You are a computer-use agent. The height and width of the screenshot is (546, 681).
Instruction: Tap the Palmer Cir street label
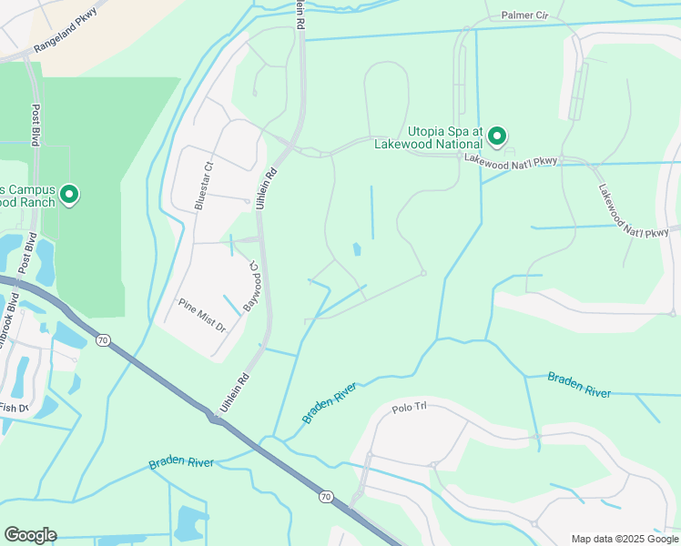click(525, 16)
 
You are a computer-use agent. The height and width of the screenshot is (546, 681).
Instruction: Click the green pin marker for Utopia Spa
click(497, 136)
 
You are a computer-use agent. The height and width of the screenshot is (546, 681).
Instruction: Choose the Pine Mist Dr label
click(201, 313)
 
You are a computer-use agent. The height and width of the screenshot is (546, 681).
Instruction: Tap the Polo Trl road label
click(409, 407)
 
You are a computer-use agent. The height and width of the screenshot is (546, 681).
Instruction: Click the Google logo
click(30, 535)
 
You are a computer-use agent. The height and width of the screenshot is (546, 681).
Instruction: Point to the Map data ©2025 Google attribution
click(624, 538)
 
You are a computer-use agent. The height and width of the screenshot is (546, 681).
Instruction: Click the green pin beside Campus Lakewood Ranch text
click(69, 195)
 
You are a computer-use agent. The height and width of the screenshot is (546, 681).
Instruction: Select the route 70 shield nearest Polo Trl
click(325, 497)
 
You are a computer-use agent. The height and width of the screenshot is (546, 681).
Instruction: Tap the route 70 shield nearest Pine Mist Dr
click(103, 340)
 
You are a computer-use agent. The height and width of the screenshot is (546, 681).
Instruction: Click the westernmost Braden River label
click(181, 463)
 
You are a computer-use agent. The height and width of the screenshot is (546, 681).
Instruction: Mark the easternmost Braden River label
click(578, 385)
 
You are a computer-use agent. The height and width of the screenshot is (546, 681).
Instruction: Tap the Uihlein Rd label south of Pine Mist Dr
click(233, 389)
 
